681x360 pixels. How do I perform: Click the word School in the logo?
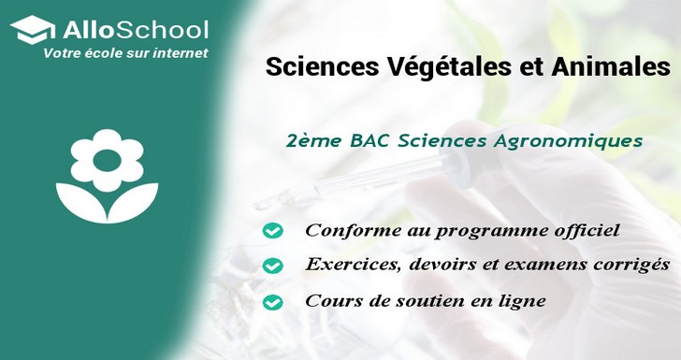(167, 29)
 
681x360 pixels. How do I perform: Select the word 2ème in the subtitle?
(312, 142)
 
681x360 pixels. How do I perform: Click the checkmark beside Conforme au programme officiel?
(272, 230)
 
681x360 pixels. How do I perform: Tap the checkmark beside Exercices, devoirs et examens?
(272, 266)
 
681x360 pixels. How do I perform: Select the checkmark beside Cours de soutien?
(272, 302)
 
